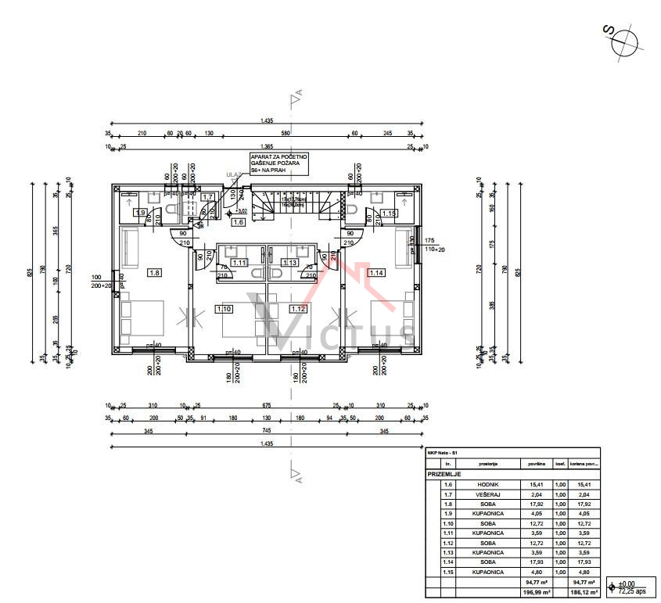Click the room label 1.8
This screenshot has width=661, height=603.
154,273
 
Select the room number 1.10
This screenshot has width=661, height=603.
224,309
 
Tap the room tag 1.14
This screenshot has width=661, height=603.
376,273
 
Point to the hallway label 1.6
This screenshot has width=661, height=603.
239,222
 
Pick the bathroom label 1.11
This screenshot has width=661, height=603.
240,263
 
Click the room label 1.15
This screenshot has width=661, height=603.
389,213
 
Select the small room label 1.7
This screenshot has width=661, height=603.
207,197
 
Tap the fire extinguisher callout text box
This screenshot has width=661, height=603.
278,163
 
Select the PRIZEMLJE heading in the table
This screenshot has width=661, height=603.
445,474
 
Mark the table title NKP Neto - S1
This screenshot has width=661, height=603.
443,453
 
